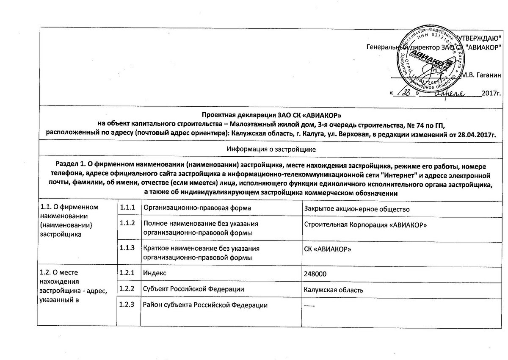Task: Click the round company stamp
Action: [434, 59]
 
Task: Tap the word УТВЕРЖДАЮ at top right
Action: [482, 39]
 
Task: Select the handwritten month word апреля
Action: [456, 93]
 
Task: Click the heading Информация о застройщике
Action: [271, 150]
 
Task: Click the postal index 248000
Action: [315, 274]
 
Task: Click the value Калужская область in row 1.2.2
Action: [334, 290]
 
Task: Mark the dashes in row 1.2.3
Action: [310, 305]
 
